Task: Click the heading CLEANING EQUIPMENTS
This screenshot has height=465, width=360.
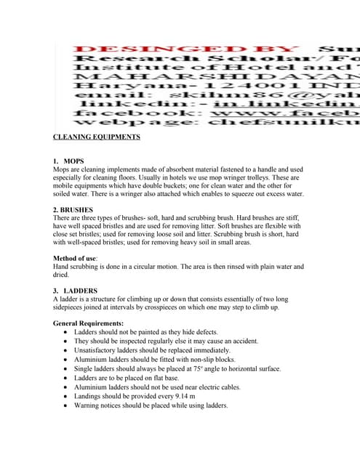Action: point(97,137)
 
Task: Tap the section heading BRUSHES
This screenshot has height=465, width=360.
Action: point(79,210)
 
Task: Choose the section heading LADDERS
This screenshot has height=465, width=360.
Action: point(80,291)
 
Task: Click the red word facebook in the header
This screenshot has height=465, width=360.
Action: point(112,113)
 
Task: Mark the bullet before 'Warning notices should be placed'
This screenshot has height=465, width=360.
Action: point(65,406)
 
